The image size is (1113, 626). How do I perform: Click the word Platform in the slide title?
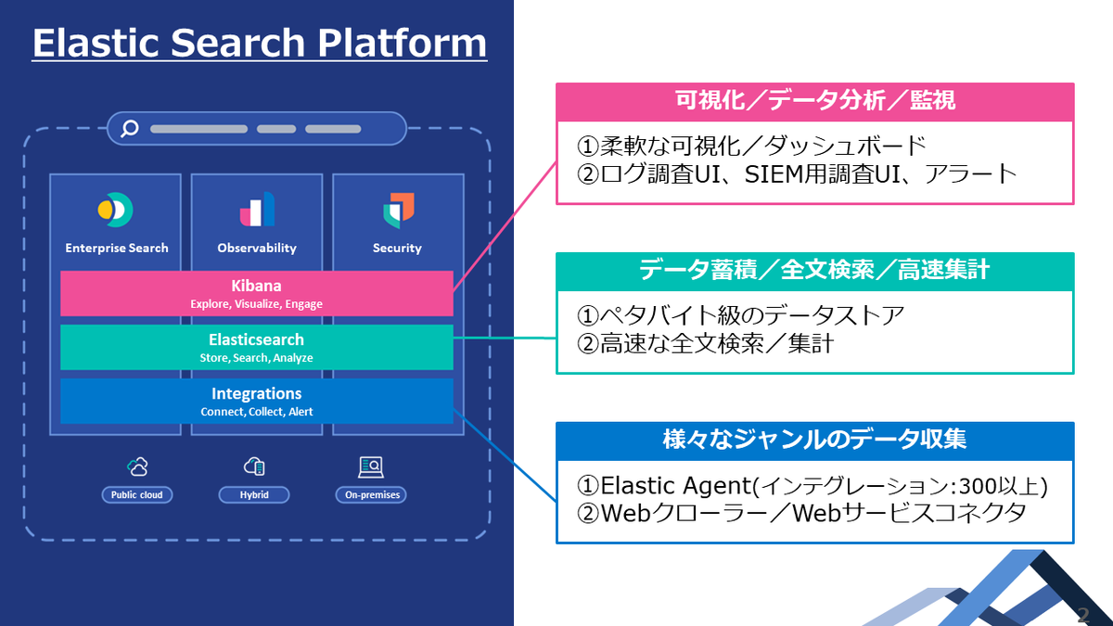pyautogui.click(x=402, y=43)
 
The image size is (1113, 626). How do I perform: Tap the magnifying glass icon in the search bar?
pyautogui.click(x=130, y=128)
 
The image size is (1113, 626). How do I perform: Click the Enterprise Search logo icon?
pyautogui.click(x=115, y=210)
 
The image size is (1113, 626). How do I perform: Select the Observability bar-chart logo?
pyautogui.click(x=257, y=210)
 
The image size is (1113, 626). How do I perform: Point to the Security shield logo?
pyautogui.click(x=399, y=211)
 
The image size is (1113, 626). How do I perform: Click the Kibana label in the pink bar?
pyautogui.click(x=256, y=286)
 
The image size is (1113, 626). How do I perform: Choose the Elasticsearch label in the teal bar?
pyautogui.click(x=256, y=339)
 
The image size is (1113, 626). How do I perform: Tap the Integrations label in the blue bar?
pyautogui.click(x=256, y=393)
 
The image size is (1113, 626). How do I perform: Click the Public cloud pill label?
pyautogui.click(x=136, y=495)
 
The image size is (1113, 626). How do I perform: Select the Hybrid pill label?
pyautogui.click(x=254, y=495)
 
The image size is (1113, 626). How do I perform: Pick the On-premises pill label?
pyautogui.click(x=371, y=495)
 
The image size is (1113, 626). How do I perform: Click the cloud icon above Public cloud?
pyautogui.click(x=137, y=466)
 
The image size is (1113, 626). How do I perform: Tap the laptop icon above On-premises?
pyautogui.click(x=371, y=467)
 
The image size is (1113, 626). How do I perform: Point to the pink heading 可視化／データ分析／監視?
pyautogui.click(x=815, y=101)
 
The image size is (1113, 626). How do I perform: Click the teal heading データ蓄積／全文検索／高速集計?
pyautogui.click(x=815, y=270)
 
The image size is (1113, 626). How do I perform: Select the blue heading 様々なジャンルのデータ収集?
pyautogui.click(x=815, y=440)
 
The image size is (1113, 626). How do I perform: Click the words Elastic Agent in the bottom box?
pyautogui.click(x=676, y=486)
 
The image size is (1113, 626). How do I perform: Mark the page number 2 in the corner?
pyautogui.click(x=1083, y=615)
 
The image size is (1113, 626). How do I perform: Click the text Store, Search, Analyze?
pyautogui.click(x=256, y=358)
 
